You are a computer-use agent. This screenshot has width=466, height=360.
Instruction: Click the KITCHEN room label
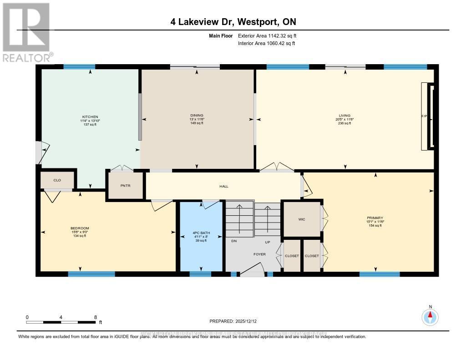tap(90, 117)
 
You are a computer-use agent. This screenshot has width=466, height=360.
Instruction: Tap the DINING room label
tap(197, 116)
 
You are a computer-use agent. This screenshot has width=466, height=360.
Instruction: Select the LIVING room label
tap(344, 116)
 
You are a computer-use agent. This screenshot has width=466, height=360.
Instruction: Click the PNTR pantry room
tap(125, 185)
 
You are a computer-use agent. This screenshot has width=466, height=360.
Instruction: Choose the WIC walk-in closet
tap(301, 219)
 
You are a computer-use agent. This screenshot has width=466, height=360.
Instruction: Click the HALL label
tap(223, 186)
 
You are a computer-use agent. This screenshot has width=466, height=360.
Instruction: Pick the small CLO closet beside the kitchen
tap(57, 180)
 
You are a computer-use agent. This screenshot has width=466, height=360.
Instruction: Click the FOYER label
tap(259, 254)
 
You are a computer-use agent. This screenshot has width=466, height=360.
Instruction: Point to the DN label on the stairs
tap(234, 242)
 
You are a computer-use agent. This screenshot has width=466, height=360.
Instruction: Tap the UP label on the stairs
tap(268, 242)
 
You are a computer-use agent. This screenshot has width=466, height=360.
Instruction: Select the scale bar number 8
tap(95, 317)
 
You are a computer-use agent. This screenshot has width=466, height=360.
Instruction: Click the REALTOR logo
tap(27, 32)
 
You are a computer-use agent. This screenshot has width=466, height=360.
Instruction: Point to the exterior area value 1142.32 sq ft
tap(277, 35)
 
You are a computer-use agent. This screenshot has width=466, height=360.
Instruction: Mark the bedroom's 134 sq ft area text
tap(80, 236)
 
